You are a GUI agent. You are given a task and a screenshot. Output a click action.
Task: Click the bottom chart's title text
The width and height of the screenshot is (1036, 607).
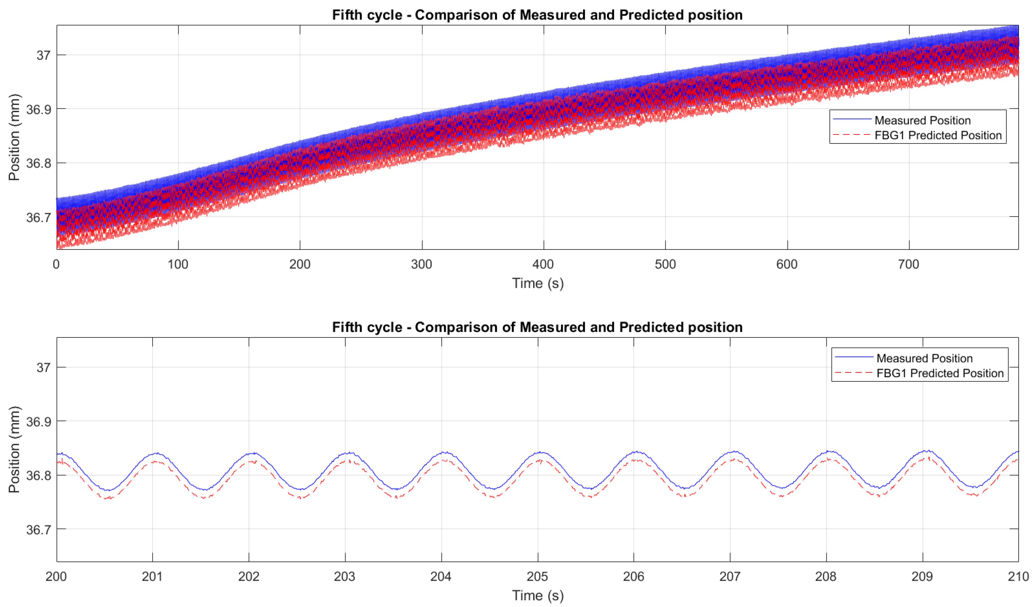tap(537, 327)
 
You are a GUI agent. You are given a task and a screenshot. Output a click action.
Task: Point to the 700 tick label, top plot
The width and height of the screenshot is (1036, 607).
tap(909, 264)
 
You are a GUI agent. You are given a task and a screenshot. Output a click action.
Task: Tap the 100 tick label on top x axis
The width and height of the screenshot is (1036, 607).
tap(178, 264)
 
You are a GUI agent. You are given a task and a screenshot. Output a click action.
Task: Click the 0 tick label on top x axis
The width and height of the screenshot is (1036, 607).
tap(56, 264)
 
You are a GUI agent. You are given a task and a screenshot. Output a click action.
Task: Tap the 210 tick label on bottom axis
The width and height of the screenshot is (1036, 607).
tap(1018, 577)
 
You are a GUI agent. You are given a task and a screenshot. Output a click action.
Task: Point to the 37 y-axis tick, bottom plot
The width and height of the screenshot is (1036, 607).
tap(43, 367)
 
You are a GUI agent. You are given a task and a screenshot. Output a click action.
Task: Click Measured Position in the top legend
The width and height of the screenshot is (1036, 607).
tap(922, 121)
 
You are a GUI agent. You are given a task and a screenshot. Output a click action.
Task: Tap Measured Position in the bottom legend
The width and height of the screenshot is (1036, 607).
tap(924, 358)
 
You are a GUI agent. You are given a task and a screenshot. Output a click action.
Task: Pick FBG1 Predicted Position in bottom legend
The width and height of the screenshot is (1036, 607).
tap(939, 373)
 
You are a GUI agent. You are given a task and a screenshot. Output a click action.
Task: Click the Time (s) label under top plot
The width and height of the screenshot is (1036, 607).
tap(537, 284)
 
